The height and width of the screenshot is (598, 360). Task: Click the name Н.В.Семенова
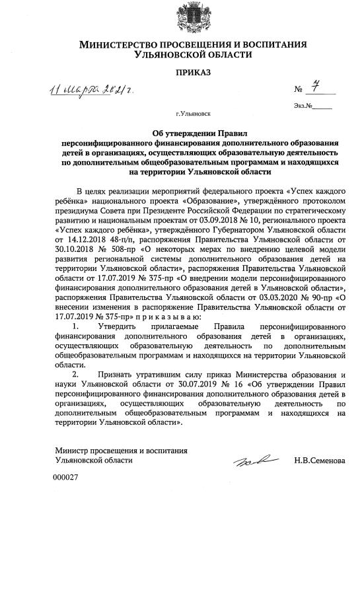[x=320, y=460]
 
